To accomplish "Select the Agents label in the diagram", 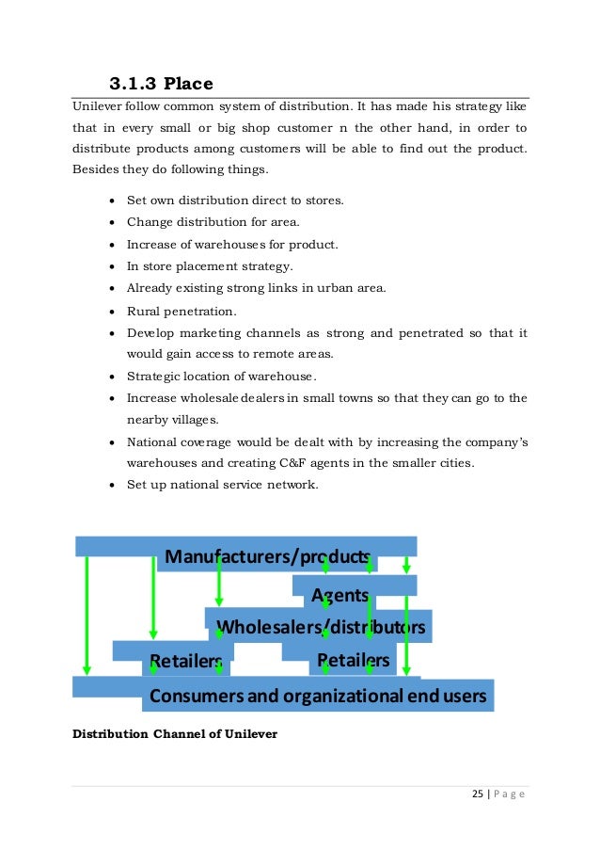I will tap(339, 595).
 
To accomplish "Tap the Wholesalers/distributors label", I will tap(321, 627).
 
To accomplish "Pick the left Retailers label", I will tap(186, 660).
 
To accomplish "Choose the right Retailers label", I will tap(353, 659).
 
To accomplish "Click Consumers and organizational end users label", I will tap(318, 697).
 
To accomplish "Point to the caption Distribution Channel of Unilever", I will tap(175, 732).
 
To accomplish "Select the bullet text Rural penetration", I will tap(182, 310).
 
